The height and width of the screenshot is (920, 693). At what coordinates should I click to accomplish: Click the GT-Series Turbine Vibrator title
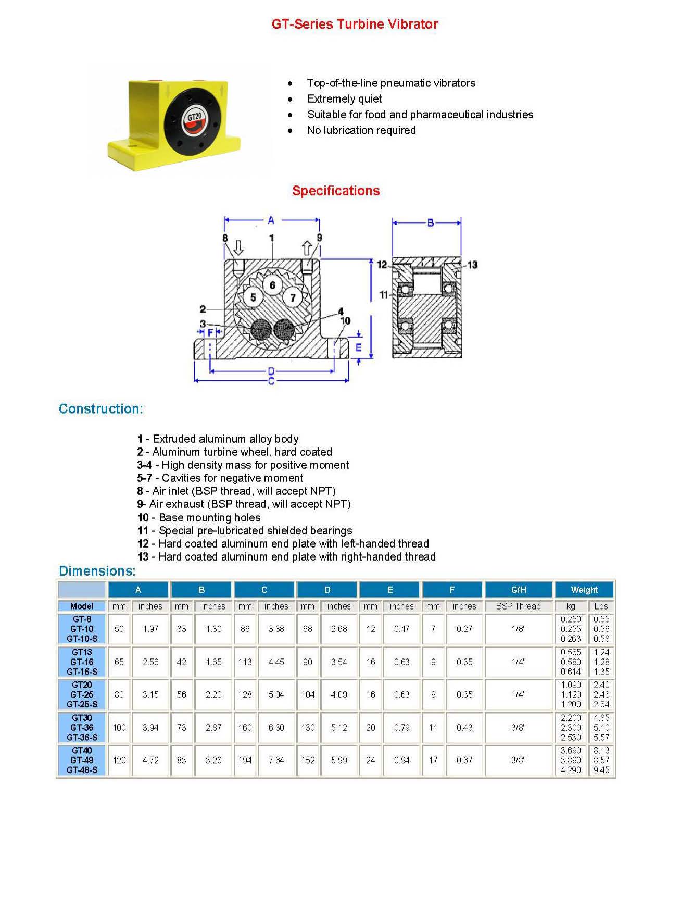[355, 24]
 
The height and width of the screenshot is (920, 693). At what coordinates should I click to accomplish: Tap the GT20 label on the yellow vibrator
[194, 117]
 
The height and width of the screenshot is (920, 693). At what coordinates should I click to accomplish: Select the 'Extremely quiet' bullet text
[344, 99]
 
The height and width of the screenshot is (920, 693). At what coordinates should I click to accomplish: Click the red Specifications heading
[336, 191]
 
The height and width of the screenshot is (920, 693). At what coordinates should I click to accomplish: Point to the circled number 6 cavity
[272, 285]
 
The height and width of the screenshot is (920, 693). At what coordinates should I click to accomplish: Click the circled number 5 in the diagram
[253, 297]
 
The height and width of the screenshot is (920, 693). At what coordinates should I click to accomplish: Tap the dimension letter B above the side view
[430, 223]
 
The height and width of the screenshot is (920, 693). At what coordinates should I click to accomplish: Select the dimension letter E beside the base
[358, 347]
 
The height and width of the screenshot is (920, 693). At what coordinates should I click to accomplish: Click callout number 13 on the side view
[472, 265]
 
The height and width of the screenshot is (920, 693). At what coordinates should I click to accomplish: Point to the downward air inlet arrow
[238, 247]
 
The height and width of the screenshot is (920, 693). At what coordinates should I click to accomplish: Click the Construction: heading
[100, 409]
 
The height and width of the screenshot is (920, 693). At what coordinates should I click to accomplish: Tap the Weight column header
[584, 590]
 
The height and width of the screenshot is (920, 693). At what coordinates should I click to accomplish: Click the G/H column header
[519, 590]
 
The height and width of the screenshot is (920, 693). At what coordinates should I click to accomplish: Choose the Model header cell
[82, 606]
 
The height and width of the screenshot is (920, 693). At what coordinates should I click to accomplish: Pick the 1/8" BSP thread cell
[519, 629]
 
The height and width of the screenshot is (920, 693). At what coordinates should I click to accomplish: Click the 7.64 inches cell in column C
[276, 760]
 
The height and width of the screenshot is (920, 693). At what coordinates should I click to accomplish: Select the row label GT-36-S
[82, 737]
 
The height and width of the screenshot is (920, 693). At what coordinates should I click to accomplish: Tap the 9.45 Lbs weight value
[601, 770]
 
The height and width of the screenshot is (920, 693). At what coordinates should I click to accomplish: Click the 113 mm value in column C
[245, 662]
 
